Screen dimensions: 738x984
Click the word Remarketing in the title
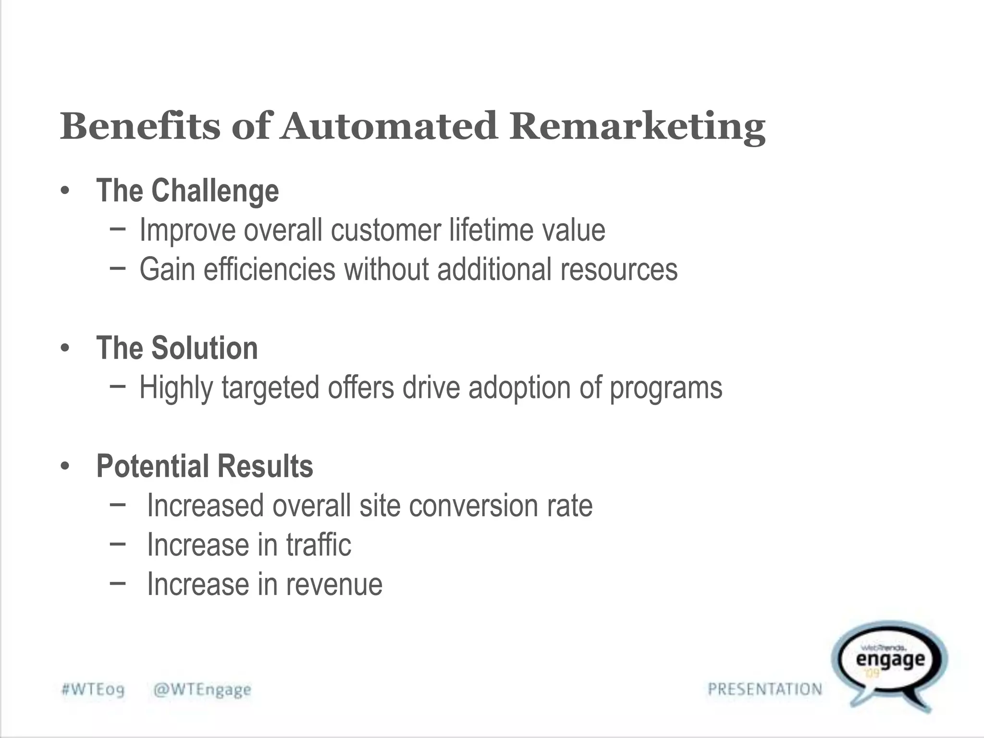coord(637,127)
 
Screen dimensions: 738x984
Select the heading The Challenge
coord(187,191)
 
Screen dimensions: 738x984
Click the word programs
coord(666,388)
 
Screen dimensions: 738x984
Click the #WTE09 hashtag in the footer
coord(93,690)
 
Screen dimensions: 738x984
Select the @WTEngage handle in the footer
coord(202,690)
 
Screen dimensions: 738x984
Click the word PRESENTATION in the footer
coord(765,689)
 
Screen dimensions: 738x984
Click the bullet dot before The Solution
coord(65,348)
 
